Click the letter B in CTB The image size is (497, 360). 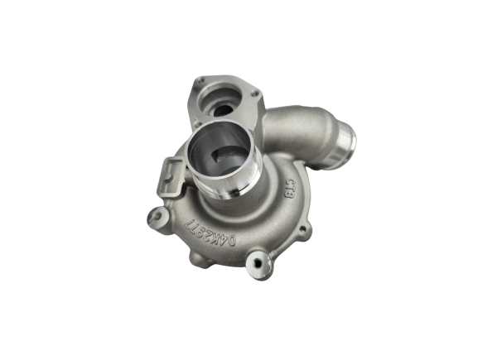pyautogui.click(x=294, y=194)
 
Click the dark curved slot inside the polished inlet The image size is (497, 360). pyautogui.click(x=220, y=154)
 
